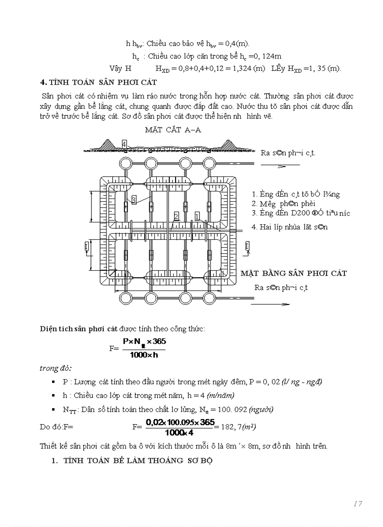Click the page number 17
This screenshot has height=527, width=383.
(x=358, y=504)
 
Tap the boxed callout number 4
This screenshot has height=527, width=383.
(x=124, y=143)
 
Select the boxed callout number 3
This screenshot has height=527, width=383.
(x=134, y=200)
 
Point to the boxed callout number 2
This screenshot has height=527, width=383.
(x=176, y=216)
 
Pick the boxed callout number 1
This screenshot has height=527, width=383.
(x=197, y=216)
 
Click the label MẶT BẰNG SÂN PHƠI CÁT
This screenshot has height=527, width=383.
(x=294, y=273)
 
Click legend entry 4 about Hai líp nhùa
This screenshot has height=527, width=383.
(x=290, y=227)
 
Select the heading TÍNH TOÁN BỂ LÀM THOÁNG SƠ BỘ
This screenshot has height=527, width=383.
(x=138, y=460)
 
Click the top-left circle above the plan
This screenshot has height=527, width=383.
(x=126, y=163)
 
